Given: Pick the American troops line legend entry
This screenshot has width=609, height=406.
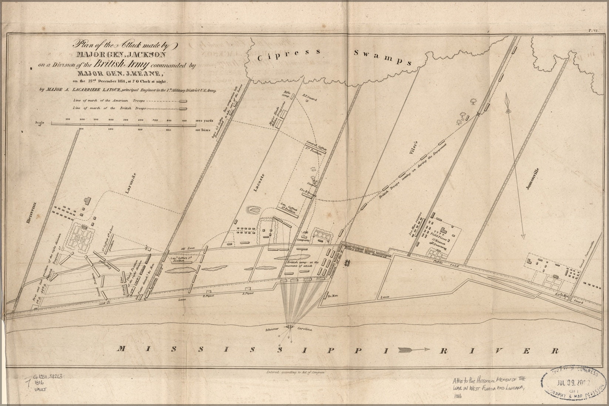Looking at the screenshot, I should pyautogui.click(x=129, y=101).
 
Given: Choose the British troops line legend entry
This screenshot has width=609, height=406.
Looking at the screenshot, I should pyautogui.click(x=129, y=108).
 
